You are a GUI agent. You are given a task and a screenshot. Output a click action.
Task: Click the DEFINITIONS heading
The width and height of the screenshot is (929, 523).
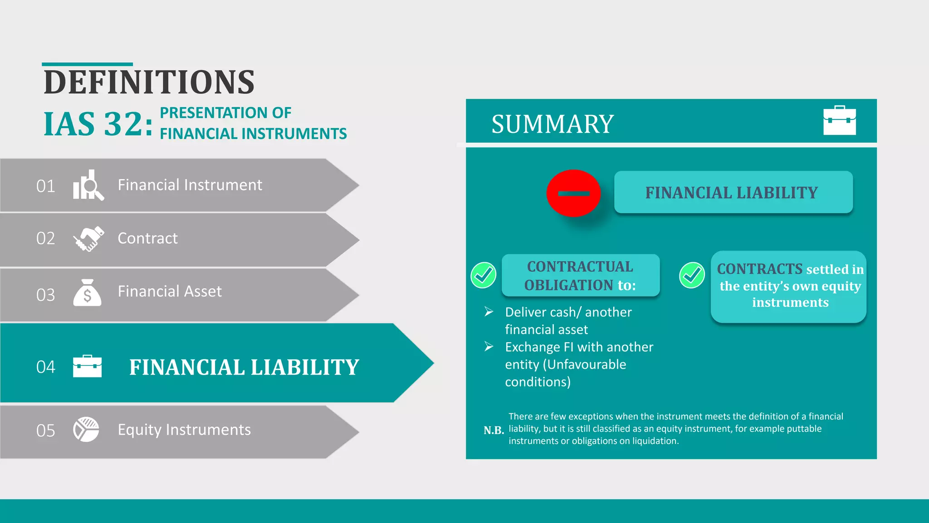coord(149,83)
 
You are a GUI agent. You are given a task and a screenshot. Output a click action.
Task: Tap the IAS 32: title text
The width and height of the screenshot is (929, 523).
coord(98,124)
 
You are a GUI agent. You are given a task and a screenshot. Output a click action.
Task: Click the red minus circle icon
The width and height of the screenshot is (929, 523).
coord(573,193)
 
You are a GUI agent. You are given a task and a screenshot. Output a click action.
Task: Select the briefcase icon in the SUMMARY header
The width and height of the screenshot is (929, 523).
coord(840,120)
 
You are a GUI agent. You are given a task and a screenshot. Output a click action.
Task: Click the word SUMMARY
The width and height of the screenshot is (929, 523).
coord(553,124)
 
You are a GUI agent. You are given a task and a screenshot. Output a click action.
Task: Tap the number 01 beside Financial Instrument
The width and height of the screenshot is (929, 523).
coord(46,186)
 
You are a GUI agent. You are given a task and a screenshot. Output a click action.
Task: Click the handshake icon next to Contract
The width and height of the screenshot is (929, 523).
coord(88,239)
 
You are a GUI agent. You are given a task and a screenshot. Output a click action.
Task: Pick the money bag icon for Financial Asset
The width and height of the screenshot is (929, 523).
coord(87,293)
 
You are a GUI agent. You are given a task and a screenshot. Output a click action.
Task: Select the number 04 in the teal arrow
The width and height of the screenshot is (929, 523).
coord(46,367)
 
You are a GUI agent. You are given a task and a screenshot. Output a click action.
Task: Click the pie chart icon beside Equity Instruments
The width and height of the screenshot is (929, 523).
coord(86,429)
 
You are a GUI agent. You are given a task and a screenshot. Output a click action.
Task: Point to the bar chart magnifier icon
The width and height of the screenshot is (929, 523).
coord(88,185)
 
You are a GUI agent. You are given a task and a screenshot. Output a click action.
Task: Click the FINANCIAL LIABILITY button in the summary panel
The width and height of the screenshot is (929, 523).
coord(733,192)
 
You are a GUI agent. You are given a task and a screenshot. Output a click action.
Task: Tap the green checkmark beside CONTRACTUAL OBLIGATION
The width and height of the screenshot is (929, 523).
coord(483,275)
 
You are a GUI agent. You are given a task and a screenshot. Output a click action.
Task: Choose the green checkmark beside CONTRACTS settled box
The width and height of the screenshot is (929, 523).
coord(692,275)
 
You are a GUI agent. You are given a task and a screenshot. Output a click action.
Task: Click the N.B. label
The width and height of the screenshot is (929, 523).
coord(494,430)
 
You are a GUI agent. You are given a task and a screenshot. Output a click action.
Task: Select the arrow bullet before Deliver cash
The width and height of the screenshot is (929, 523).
coord(489,312)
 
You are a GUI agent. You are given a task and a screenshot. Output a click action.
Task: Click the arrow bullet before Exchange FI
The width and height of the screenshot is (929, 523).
coord(489,347)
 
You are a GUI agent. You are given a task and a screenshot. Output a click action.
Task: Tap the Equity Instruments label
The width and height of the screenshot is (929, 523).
coord(184,430)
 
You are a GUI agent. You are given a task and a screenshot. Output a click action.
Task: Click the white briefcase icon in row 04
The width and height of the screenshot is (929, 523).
coord(87,366)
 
